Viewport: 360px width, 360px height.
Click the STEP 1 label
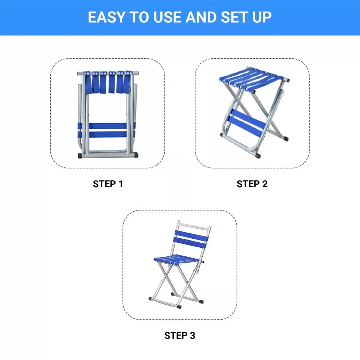coord(108,184)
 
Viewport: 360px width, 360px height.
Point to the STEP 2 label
coord(252,184)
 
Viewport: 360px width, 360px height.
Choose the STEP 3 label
coord(180,336)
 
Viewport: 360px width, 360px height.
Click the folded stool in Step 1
coord(107,114)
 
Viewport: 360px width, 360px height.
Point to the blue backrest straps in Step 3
coord(191,239)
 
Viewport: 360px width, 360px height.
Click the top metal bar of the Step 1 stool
coord(107,73)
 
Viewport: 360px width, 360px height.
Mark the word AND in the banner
coord(201,17)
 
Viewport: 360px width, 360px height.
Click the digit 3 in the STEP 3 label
coord(192,336)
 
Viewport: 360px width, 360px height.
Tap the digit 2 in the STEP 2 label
coord(265,184)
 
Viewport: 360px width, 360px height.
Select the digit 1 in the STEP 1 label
coord(121,184)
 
